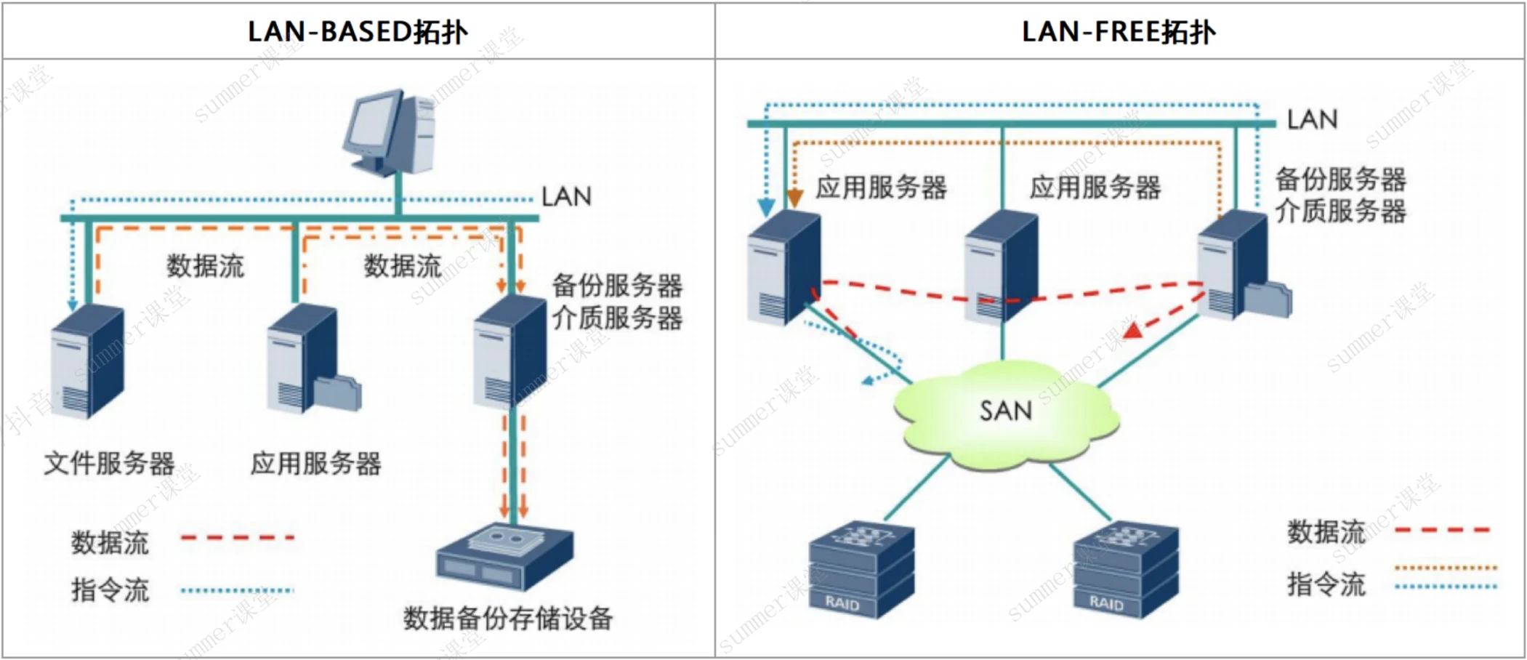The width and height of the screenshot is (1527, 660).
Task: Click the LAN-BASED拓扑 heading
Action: click(358, 32)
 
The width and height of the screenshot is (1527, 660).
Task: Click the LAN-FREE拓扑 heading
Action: click(1118, 32)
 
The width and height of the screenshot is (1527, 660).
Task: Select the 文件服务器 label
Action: click(109, 463)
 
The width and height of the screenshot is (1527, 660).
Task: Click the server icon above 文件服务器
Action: click(87, 361)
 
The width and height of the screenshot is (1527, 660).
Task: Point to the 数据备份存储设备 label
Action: click(508, 618)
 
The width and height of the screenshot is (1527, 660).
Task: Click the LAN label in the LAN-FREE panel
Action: click(1312, 119)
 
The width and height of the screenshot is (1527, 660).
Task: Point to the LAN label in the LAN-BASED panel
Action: click(566, 196)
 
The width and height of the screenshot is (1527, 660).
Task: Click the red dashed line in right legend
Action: click(1442, 530)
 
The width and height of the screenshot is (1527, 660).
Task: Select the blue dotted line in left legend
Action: click(237, 590)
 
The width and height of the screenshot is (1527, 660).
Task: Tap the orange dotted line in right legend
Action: click(1446, 568)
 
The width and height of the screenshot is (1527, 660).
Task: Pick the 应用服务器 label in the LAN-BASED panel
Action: click(315, 463)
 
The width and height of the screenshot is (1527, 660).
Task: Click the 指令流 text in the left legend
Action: click(110, 589)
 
